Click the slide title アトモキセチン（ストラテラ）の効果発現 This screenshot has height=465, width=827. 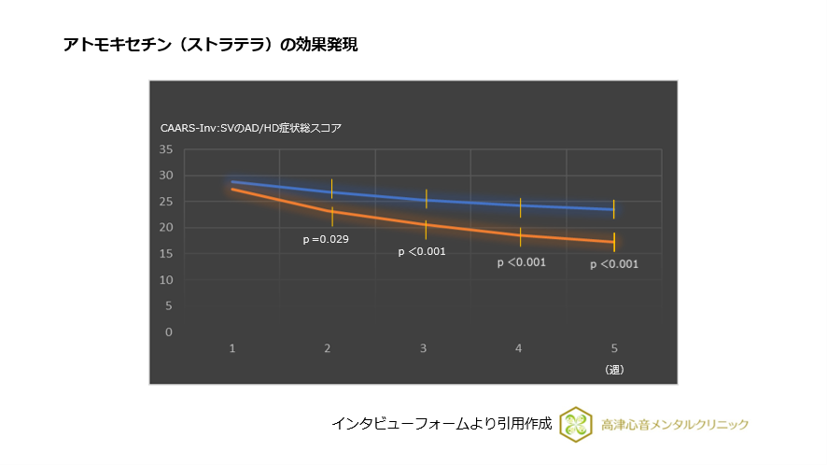click(210, 44)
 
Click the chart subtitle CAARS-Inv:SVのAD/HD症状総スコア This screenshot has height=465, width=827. click(251, 128)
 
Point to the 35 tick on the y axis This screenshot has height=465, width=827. click(166, 149)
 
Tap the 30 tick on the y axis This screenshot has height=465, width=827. click(166, 176)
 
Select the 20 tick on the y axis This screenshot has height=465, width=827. click(166, 228)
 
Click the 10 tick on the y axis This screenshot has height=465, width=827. click(166, 280)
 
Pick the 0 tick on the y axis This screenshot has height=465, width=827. click(169, 332)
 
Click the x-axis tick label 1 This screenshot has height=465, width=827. click(232, 348)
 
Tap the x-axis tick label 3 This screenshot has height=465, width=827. click(423, 348)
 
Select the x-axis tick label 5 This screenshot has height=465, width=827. click(613, 348)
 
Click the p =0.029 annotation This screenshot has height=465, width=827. click(326, 240)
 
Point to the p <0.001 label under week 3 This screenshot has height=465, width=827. click(422, 251)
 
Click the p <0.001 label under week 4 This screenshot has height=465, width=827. click(521, 262)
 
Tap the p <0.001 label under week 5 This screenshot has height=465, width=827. click(614, 264)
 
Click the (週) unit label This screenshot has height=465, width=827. click(613, 369)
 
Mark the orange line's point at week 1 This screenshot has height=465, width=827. click(232, 190)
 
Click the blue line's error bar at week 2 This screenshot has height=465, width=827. click(331, 188)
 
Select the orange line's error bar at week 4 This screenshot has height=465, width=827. click(520, 237)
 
